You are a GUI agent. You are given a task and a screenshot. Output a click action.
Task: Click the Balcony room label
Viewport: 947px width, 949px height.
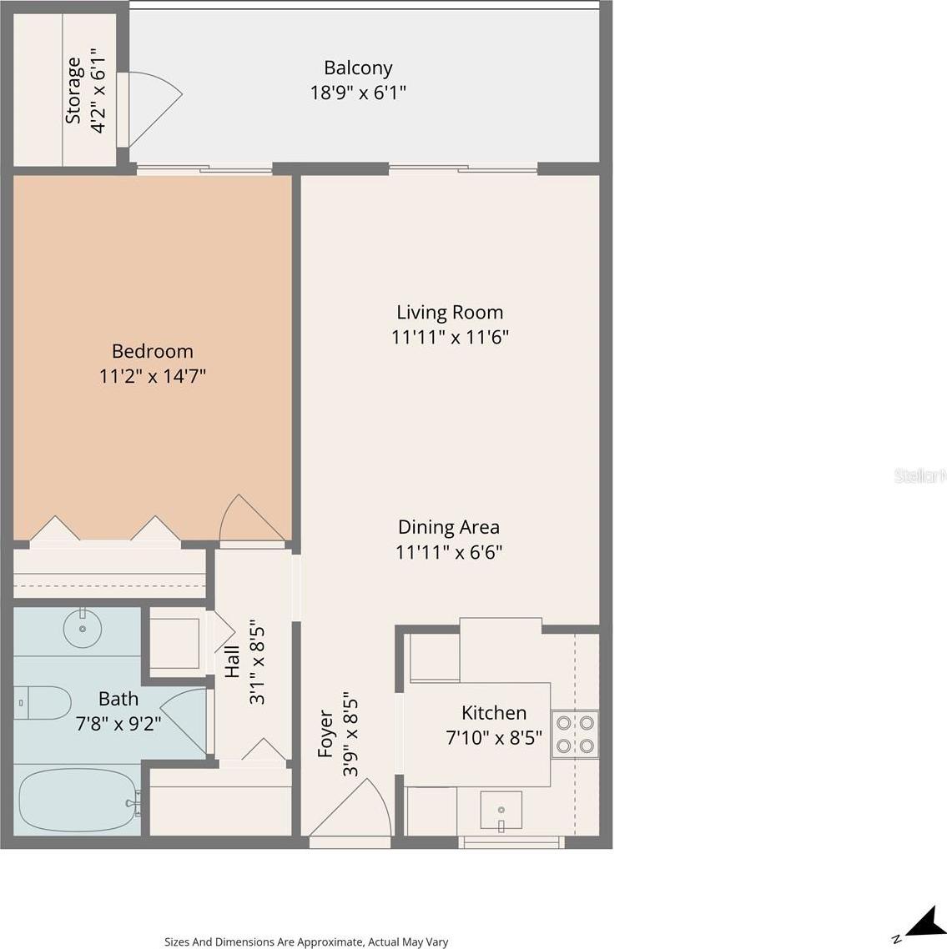[358, 68]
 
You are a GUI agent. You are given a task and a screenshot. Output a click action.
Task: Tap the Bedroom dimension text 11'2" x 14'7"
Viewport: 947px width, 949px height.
[153, 376]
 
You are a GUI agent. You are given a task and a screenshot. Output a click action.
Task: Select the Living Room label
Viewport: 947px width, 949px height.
[450, 312]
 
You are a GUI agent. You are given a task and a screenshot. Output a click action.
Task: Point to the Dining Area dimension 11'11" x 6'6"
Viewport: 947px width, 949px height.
[449, 552]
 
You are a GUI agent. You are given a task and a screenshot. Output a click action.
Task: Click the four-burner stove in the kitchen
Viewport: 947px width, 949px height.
[575, 735]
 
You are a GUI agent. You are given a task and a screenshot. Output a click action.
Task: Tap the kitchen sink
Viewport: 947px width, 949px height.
[501, 810]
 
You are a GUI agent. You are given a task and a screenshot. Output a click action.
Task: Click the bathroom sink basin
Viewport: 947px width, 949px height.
[83, 628]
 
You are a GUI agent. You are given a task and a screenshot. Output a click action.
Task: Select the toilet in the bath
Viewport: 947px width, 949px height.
[43, 703]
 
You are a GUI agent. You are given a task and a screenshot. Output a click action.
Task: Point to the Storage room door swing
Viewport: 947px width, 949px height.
[150, 109]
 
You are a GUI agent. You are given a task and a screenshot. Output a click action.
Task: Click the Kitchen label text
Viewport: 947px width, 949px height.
[493, 713]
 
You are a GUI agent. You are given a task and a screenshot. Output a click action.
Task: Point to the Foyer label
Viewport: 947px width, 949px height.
[325, 734]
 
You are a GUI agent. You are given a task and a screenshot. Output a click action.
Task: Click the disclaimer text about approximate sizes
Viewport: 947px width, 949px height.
[306, 941]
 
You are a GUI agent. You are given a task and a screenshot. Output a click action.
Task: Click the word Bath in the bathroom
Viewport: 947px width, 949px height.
[118, 699]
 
